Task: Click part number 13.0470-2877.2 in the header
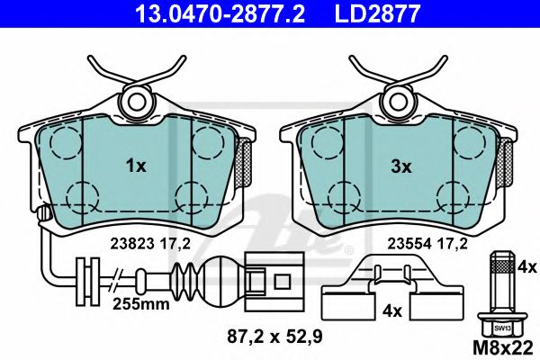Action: click(x=220, y=13)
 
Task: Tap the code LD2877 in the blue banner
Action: click(x=377, y=13)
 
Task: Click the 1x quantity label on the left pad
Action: click(x=136, y=166)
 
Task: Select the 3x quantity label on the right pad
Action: click(x=401, y=167)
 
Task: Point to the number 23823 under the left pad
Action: click(x=132, y=244)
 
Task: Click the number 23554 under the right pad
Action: click(x=409, y=244)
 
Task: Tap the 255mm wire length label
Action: click(x=141, y=304)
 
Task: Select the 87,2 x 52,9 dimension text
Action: click(x=274, y=336)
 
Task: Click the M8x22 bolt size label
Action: click(x=503, y=347)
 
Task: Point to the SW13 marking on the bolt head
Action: click(x=502, y=328)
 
